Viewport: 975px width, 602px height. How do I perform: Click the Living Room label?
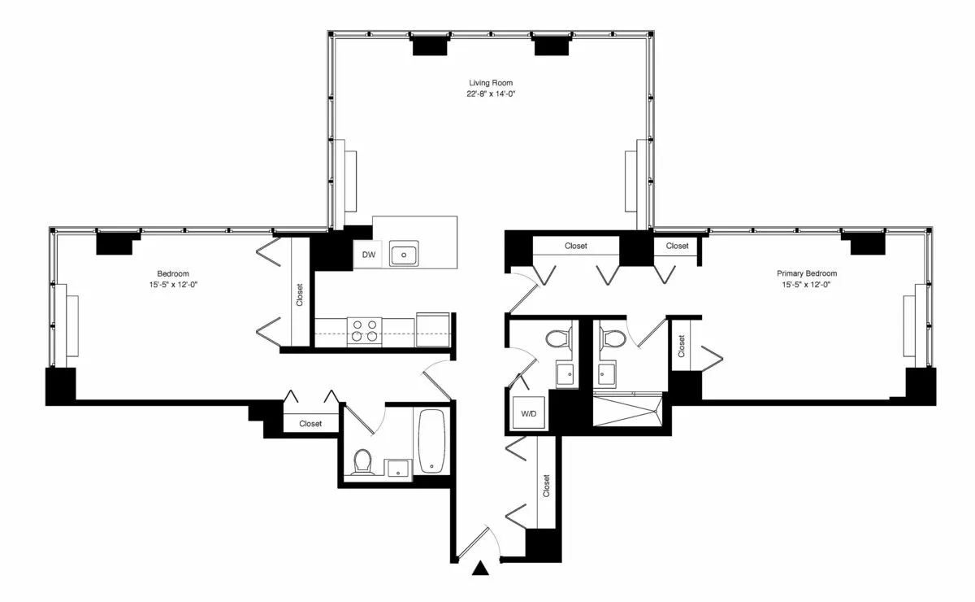click(x=491, y=83)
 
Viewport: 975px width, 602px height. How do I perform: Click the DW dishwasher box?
click(x=369, y=255)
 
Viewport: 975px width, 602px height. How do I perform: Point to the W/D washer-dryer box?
click(x=529, y=414)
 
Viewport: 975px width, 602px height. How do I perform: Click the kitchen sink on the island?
click(x=404, y=255)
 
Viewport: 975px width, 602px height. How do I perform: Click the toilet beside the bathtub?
click(x=362, y=461)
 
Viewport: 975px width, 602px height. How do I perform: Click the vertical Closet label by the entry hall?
click(x=546, y=486)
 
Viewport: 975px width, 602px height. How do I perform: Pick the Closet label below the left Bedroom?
click(x=310, y=424)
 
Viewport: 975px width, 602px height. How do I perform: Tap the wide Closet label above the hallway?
click(x=576, y=246)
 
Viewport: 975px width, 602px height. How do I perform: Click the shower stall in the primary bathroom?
click(x=627, y=409)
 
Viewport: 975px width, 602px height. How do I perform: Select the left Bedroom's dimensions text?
click(x=172, y=285)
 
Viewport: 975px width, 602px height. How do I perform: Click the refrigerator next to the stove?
click(x=433, y=329)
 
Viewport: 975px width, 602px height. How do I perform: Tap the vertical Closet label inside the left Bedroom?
click(x=300, y=294)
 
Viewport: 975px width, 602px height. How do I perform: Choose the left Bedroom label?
click(x=172, y=273)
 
